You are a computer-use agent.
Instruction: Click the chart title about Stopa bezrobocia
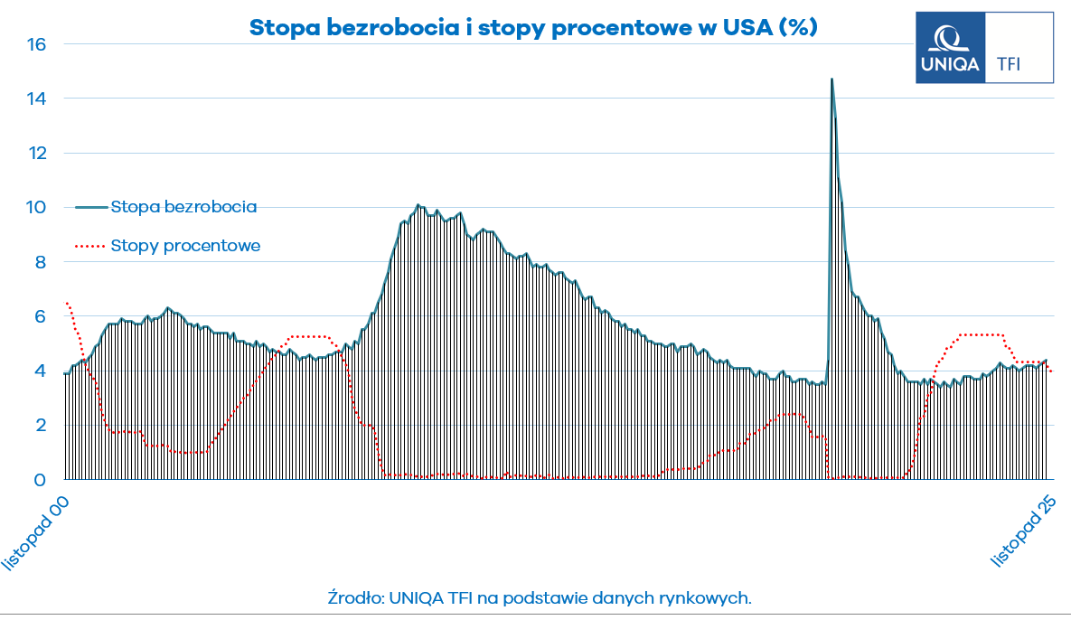pos(533,28)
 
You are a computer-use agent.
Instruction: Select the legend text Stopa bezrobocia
pos(183,207)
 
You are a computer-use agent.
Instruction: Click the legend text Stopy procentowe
pos(185,245)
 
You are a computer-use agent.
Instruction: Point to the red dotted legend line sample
pos(89,245)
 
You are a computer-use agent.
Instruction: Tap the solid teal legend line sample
pos(89,207)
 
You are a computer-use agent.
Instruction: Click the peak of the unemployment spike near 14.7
pos(831,80)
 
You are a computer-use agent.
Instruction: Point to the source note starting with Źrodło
pos(540,597)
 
